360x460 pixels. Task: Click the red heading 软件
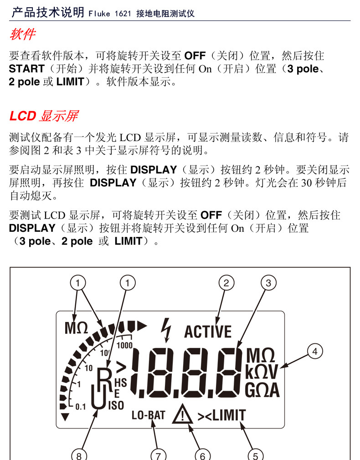click(x=22, y=34)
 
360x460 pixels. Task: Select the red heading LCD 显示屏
click(x=44, y=116)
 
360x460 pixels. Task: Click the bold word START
click(x=27, y=69)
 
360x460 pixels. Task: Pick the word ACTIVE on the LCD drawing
click(x=208, y=331)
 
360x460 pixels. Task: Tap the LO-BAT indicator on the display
click(x=149, y=415)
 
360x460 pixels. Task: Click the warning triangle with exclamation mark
click(x=183, y=415)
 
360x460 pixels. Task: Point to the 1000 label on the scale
click(x=124, y=345)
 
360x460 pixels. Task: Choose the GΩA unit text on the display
click(x=262, y=390)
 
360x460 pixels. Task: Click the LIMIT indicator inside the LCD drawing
click(x=227, y=415)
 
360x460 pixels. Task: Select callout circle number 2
click(x=226, y=283)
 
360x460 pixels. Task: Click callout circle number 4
click(x=314, y=351)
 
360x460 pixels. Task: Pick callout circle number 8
click(x=79, y=455)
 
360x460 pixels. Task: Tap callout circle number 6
click(x=203, y=455)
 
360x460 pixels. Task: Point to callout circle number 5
click(x=256, y=455)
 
